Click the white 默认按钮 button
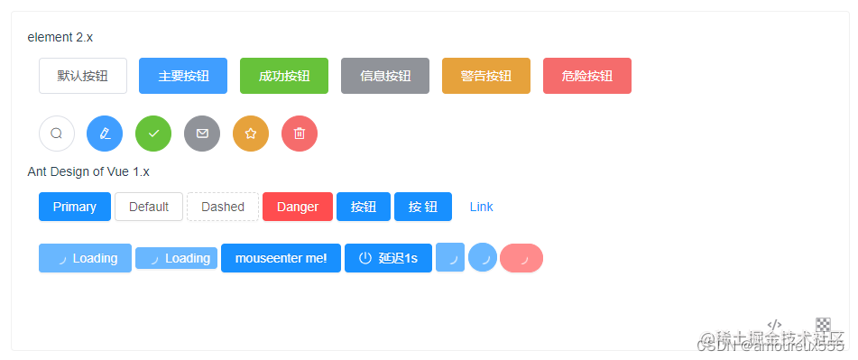point(83,76)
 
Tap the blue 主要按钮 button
point(183,76)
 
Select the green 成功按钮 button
point(284,76)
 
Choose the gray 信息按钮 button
point(385,76)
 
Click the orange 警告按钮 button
point(486,76)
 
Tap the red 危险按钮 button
point(587,76)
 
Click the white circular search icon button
point(57,134)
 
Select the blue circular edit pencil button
point(105,134)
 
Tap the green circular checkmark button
point(153,134)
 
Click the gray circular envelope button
point(202,134)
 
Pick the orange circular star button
point(251,134)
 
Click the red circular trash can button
point(300,134)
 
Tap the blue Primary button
point(75,207)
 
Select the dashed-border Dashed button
point(223,207)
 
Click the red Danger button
point(298,207)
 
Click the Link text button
point(481,207)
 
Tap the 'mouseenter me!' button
point(281,258)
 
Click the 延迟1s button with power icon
point(388,258)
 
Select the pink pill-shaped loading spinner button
point(521,258)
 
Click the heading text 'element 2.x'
point(60,37)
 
